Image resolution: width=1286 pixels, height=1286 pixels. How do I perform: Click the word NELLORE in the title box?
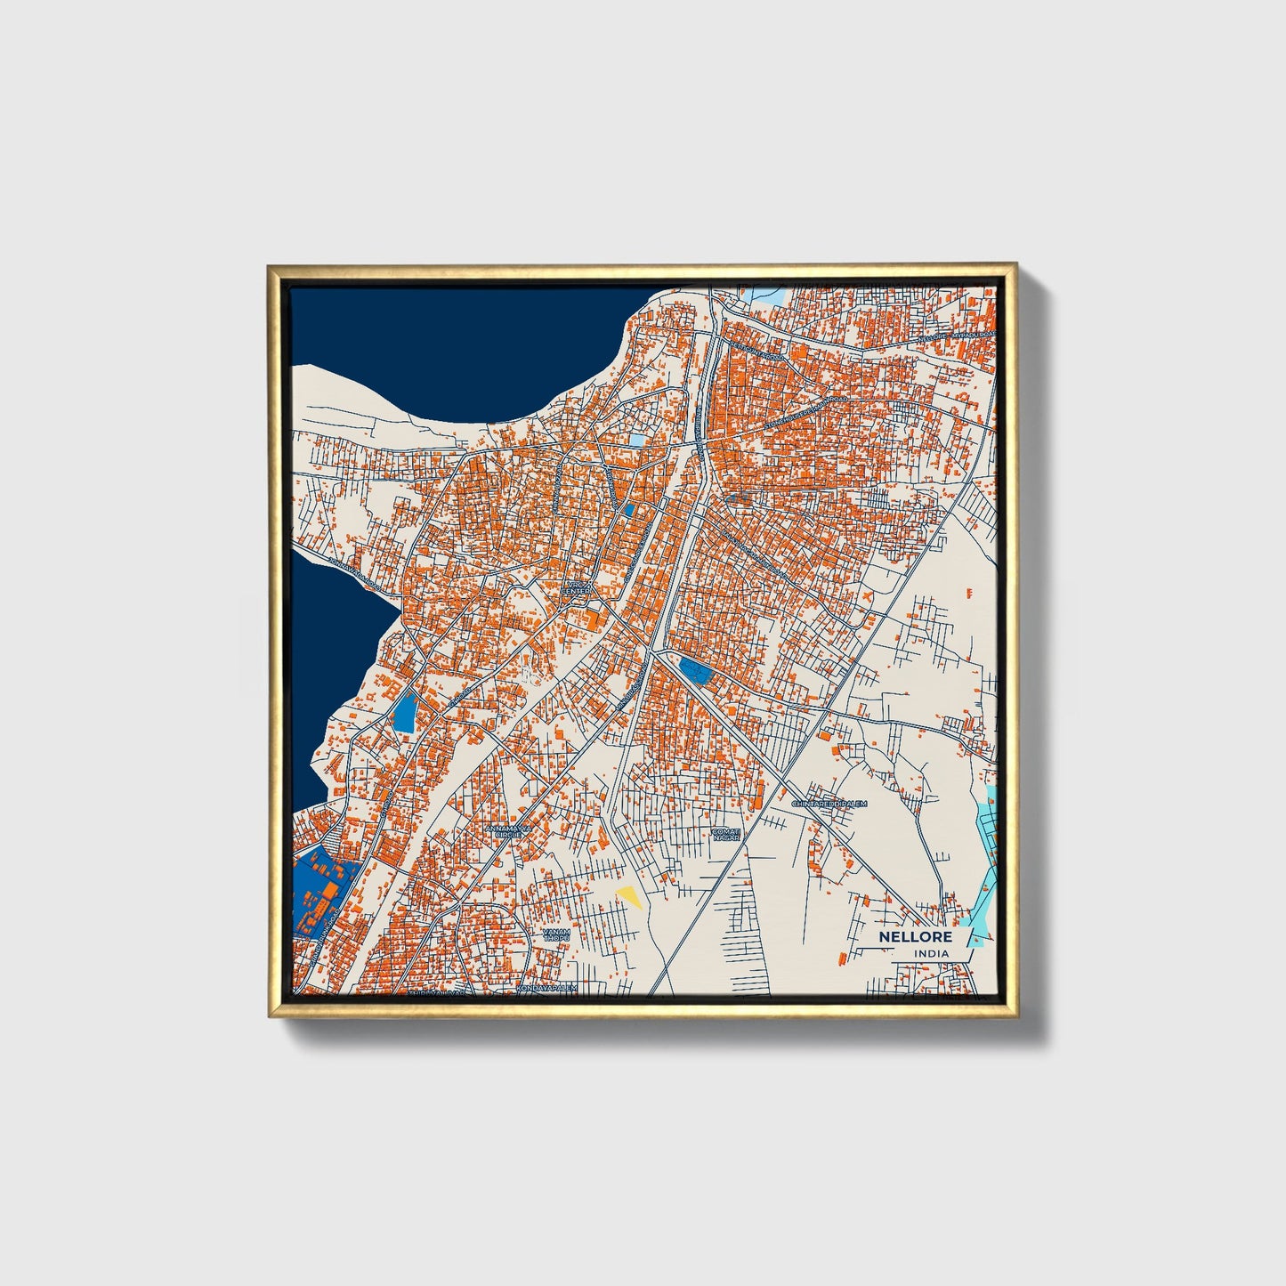[x=915, y=937]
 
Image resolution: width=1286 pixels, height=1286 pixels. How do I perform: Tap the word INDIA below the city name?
[x=930, y=954]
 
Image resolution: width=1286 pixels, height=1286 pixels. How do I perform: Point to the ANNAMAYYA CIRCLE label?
[x=507, y=831]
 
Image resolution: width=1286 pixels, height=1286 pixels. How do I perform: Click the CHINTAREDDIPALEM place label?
[x=829, y=804]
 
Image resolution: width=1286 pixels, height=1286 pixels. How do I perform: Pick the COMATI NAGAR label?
[x=725, y=834]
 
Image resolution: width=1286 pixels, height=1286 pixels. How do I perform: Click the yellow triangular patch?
[x=629, y=896]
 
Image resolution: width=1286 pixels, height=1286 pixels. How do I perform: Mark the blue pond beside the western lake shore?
[x=404, y=712]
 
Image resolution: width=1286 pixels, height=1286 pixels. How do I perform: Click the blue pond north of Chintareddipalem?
[x=692, y=669]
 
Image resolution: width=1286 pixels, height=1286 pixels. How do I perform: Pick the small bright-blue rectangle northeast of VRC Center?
[x=628, y=510]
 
